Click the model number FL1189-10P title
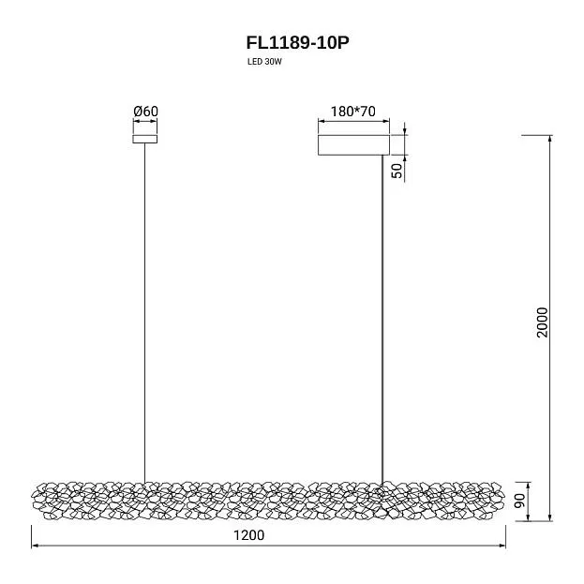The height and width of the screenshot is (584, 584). click(297, 42)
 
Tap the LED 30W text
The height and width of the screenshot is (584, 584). click(264, 62)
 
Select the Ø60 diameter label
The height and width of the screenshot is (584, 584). click(145, 111)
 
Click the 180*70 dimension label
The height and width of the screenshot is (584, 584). click(353, 111)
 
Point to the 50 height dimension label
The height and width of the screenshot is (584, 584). click(397, 171)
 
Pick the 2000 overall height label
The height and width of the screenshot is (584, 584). click(542, 322)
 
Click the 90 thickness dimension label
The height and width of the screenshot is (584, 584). click(519, 501)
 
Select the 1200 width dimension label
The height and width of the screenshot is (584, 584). click(248, 535)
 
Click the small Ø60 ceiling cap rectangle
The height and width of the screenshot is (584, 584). click(145, 139)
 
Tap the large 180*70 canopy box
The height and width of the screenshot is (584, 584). click(353, 145)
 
